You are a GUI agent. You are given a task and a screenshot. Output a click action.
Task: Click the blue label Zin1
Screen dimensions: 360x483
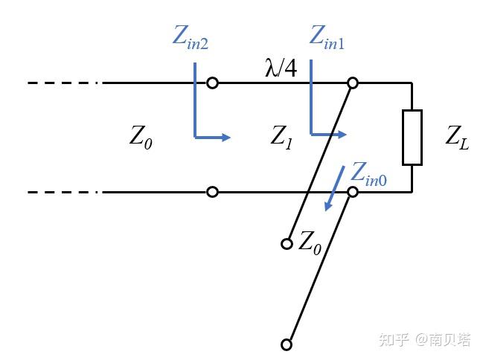pyautogui.click(x=327, y=38)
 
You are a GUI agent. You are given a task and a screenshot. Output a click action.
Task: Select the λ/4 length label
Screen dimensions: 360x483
pyautogui.click(x=281, y=68)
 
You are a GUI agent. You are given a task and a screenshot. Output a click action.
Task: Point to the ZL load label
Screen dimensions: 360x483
pyautogui.click(x=456, y=137)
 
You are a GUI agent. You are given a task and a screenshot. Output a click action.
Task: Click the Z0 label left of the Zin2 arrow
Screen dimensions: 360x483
pyautogui.click(x=141, y=137)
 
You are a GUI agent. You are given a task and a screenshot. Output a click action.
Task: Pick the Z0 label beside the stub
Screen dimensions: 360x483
pyautogui.click(x=310, y=242)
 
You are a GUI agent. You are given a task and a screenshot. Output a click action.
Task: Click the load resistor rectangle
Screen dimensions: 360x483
pyautogui.click(x=412, y=137)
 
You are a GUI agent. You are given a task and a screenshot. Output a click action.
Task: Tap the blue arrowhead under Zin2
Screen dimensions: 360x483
pyautogui.click(x=226, y=137)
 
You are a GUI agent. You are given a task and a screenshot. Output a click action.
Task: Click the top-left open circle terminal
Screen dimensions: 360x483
pyautogui.click(x=213, y=83)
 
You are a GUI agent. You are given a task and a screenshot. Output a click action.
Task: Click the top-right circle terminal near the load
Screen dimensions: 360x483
pyautogui.click(x=353, y=83)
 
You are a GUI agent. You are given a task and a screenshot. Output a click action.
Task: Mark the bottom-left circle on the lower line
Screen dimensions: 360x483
pyautogui.click(x=213, y=192)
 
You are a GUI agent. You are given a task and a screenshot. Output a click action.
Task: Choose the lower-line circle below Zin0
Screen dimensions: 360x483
pyautogui.click(x=353, y=192)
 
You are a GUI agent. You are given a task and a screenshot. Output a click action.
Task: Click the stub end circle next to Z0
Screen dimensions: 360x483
pyautogui.click(x=287, y=243)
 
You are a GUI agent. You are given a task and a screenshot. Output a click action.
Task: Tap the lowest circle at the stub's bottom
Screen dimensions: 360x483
pyautogui.click(x=287, y=344)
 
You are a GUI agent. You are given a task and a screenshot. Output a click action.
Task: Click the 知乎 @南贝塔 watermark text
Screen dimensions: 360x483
pyautogui.click(x=424, y=340)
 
